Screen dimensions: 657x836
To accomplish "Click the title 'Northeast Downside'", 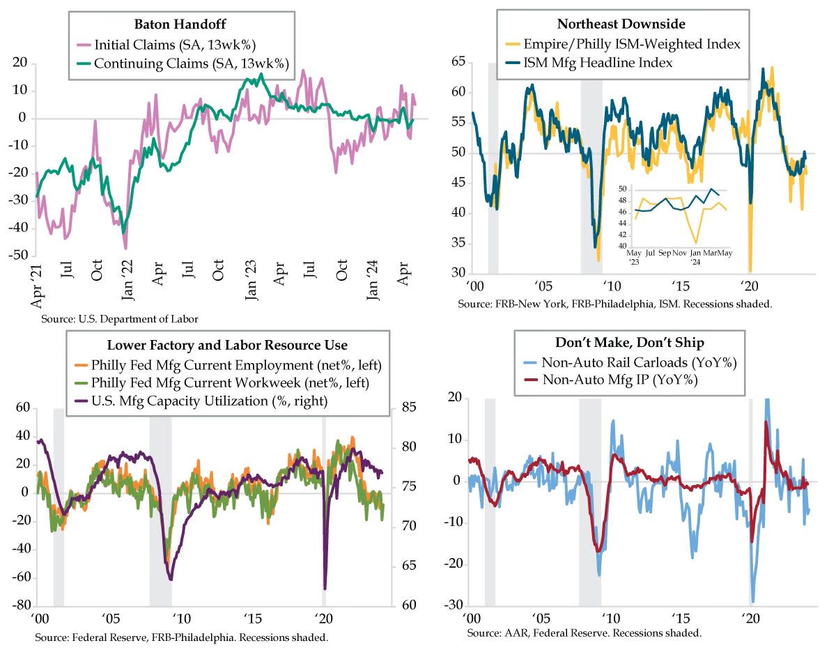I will pos(622,25).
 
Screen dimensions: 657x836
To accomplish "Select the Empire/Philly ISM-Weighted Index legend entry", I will pos(622,44).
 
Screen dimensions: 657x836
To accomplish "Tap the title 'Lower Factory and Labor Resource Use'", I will pos(227,345).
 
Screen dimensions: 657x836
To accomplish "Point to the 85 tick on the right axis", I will pos(405,408).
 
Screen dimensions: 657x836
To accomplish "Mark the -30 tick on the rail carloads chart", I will pos(453,603).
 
